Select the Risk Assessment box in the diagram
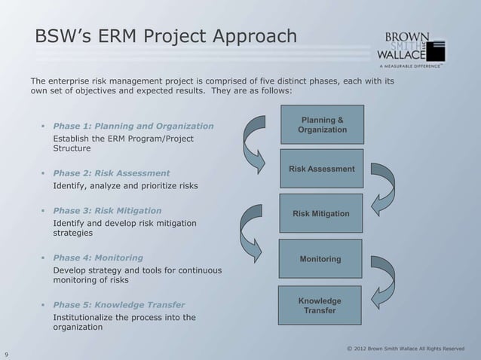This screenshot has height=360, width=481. pos(322,170)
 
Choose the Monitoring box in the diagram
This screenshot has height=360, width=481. pos(320,260)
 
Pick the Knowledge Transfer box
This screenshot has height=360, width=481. pos(320,306)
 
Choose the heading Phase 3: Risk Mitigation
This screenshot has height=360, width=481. pos(107,210)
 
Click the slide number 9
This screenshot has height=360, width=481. pos(6,351)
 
